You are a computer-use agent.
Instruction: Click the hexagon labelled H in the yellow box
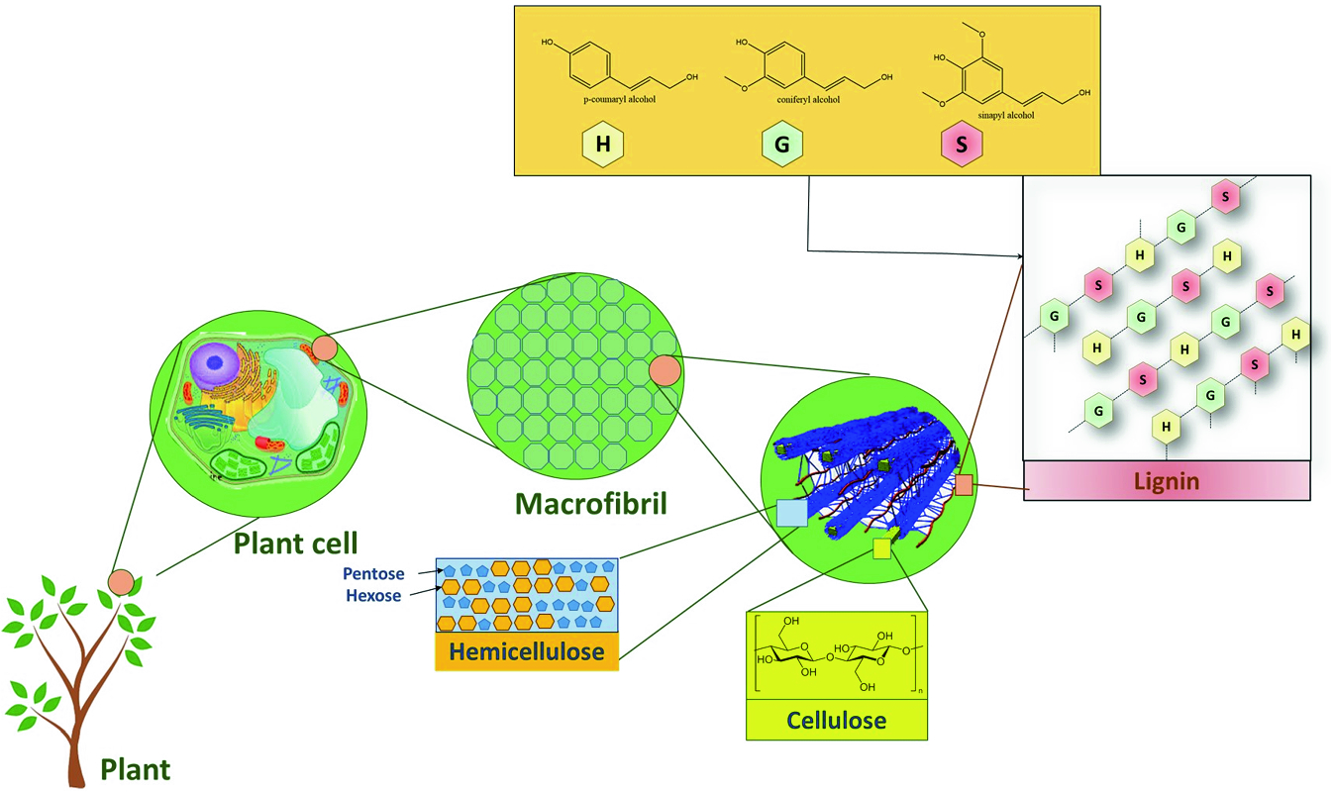(602, 145)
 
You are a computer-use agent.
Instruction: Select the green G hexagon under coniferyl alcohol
(782, 145)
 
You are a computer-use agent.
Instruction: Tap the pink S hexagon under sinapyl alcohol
(962, 145)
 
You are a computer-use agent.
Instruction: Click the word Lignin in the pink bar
(1167, 481)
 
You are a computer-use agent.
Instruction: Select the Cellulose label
(836, 720)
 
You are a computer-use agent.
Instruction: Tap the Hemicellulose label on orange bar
(527, 651)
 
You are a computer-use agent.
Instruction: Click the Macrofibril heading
(590, 504)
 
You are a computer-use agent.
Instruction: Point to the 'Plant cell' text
(295, 543)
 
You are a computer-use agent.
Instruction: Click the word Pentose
(373, 574)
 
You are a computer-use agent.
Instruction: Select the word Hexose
(373, 596)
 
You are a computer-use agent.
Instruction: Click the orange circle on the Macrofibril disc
(665, 370)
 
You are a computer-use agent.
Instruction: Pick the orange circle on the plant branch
(121, 582)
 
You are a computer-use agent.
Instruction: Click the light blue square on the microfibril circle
(791, 512)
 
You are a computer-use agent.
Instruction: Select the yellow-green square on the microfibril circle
(882, 548)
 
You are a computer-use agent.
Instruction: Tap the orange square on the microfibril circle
(964, 484)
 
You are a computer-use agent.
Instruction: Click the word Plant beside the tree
(136, 769)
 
